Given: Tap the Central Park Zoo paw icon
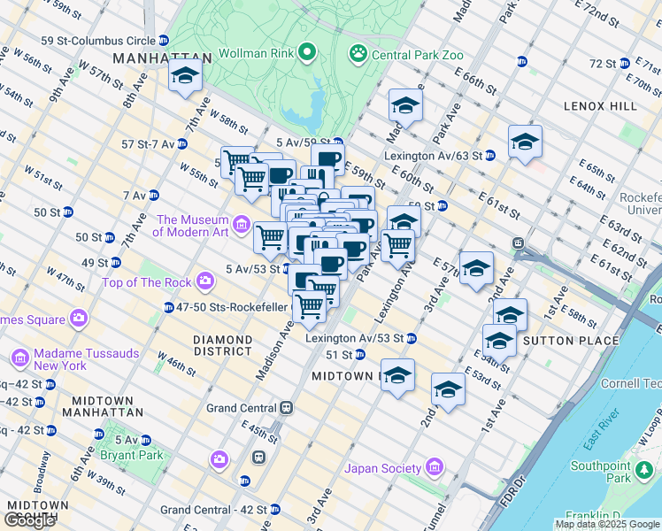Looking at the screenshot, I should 358,55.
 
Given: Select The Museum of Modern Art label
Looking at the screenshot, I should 192,226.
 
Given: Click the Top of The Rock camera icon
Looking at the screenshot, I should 206,282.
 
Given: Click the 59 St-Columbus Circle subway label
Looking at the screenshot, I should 98,41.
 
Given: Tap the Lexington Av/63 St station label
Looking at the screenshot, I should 439,155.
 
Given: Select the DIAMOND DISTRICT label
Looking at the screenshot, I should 223,345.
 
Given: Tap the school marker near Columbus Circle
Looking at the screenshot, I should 185,76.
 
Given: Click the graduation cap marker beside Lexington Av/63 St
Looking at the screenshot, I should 525,142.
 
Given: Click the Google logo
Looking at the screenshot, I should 30,520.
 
